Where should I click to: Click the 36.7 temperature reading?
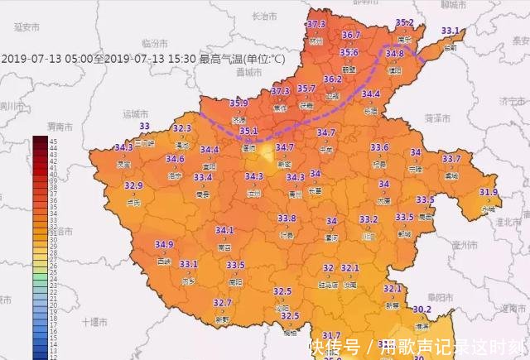[x=350, y=35]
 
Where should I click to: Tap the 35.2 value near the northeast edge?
[x=404, y=22]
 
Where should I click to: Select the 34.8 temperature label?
[x=395, y=54]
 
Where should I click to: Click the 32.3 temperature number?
[x=182, y=128]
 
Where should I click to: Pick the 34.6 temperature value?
[x=175, y=159]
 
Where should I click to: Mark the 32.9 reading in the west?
[x=134, y=185]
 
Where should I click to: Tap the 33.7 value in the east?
[x=451, y=158]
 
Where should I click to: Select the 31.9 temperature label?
[x=489, y=192]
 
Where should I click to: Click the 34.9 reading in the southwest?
[x=164, y=244]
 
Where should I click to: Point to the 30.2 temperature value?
[x=422, y=310]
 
